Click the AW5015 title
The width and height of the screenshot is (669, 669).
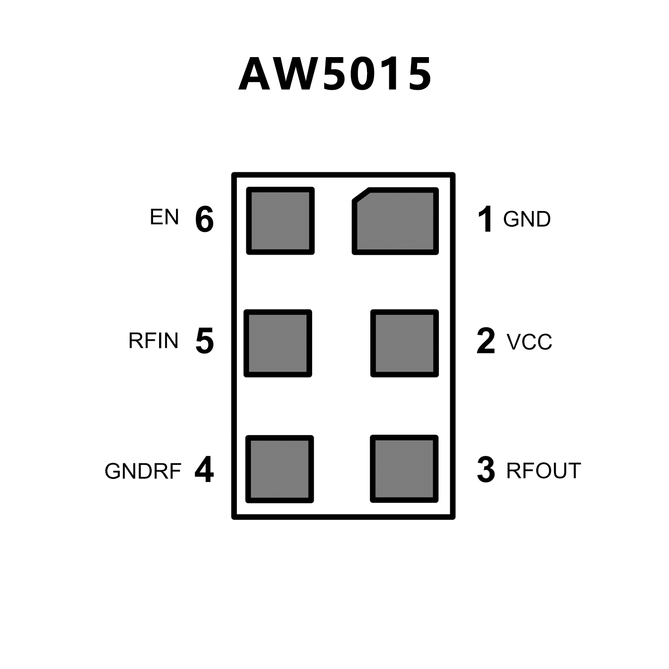[335, 74]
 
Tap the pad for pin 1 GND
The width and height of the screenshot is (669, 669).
[396, 221]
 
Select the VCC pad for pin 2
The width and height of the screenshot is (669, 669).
[404, 343]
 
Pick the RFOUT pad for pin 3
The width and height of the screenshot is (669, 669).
[404, 469]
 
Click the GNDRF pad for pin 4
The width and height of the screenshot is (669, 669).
[280, 469]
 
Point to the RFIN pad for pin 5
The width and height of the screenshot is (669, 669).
[278, 343]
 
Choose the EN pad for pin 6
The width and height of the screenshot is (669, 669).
[280, 221]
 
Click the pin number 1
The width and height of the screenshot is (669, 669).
[486, 219]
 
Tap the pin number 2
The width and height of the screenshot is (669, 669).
[486, 341]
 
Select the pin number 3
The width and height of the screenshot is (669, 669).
[486, 470]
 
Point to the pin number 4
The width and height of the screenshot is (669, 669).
[204, 470]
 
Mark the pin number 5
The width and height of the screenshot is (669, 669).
[204, 341]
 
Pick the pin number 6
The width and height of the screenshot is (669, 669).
[204, 219]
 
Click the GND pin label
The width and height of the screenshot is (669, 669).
[526, 219]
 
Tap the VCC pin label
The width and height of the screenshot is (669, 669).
[529, 342]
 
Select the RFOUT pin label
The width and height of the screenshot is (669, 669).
[543, 471]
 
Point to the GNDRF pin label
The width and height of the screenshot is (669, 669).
[143, 471]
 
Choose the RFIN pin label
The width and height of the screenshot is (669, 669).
[153, 341]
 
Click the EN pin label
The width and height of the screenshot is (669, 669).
[164, 217]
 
